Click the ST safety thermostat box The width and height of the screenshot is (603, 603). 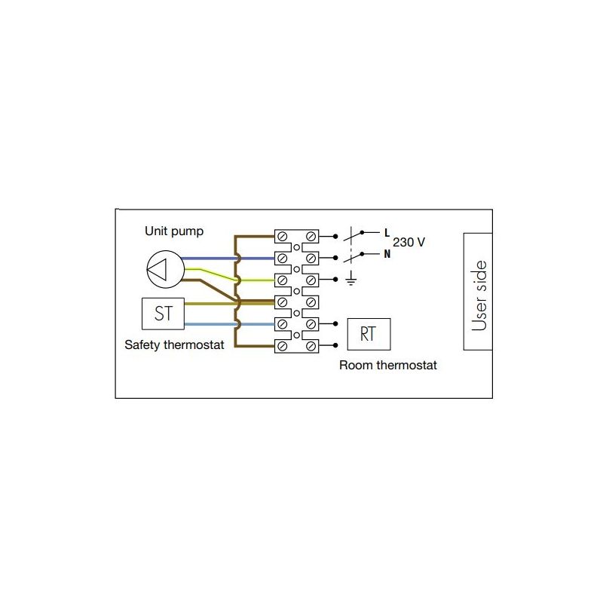click(x=163, y=314)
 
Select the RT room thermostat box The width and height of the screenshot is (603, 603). click(x=369, y=334)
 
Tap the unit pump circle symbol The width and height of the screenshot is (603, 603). click(x=165, y=269)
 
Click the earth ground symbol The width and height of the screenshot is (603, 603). click(x=350, y=277)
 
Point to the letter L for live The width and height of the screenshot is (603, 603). click(x=387, y=233)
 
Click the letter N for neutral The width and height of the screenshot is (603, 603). click(x=387, y=254)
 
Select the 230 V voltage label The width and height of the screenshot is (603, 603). click(x=409, y=242)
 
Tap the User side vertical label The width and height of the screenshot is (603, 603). click(x=479, y=295)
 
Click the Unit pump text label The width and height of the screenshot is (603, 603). click(x=174, y=231)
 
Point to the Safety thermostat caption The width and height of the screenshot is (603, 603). click(x=174, y=344)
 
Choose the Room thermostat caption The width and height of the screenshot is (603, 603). click(x=388, y=365)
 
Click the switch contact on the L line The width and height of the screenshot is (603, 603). click(x=354, y=234)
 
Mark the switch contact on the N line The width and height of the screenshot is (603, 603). click(x=354, y=256)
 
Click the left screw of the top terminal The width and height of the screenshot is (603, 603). click(x=282, y=236)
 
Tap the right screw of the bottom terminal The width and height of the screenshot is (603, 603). click(x=311, y=347)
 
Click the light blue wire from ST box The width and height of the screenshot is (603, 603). click(x=230, y=324)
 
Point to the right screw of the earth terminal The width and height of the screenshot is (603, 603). click(x=311, y=280)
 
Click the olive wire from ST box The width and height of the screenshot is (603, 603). click(x=230, y=304)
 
